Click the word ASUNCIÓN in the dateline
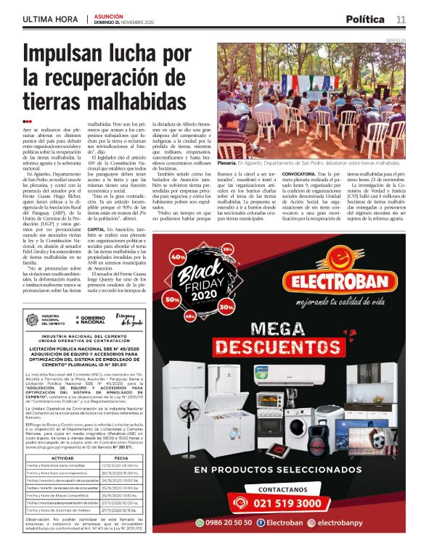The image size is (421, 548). (x=108, y=15)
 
